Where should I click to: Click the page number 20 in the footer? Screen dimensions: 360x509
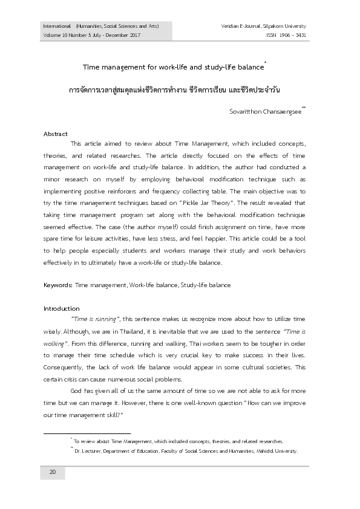pyautogui.click(x=53, y=472)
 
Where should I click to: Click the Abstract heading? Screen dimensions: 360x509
pyautogui.click(x=56, y=134)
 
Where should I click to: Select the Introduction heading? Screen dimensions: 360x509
pyautogui.click(x=62, y=308)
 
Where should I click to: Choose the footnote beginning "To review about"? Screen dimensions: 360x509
pyautogui.click(x=178, y=442)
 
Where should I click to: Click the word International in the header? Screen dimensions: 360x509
pyautogui.click(x=55, y=27)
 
